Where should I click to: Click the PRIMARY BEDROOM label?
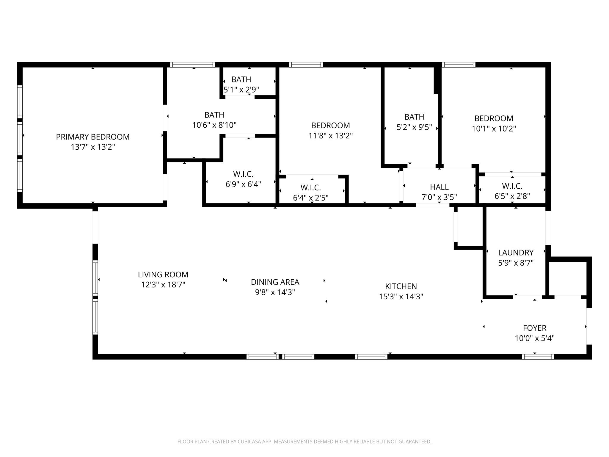[x=93, y=137]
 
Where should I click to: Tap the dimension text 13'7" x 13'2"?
[x=93, y=147]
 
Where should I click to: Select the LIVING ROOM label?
[x=163, y=274]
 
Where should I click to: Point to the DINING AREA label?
[x=275, y=282]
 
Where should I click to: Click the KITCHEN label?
[x=401, y=286]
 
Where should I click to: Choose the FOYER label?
[x=535, y=328]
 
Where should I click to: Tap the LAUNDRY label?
[x=516, y=253]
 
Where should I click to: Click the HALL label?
[x=439, y=187]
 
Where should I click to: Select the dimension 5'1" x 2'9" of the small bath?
[x=241, y=90]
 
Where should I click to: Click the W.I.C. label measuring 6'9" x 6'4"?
[x=243, y=174]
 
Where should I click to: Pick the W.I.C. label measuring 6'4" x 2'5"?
[x=310, y=188]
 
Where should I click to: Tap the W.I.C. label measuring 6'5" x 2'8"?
[x=512, y=186]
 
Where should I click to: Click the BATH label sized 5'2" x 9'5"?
[x=414, y=117]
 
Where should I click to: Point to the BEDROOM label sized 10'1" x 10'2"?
[x=494, y=118]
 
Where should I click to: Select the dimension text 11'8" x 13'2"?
[x=330, y=136]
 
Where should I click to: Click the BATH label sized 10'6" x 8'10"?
[x=214, y=115]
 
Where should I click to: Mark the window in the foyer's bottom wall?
[x=538, y=356]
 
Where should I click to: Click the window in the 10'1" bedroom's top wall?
[x=459, y=65]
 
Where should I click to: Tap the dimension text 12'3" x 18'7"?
[x=163, y=285]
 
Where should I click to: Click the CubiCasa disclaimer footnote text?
[x=304, y=442]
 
